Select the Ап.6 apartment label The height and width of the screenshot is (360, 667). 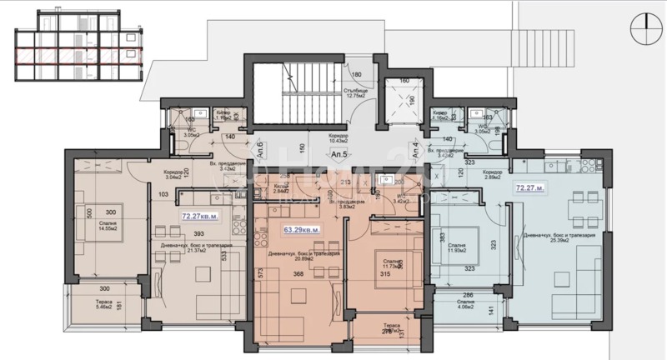point(259,151)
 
